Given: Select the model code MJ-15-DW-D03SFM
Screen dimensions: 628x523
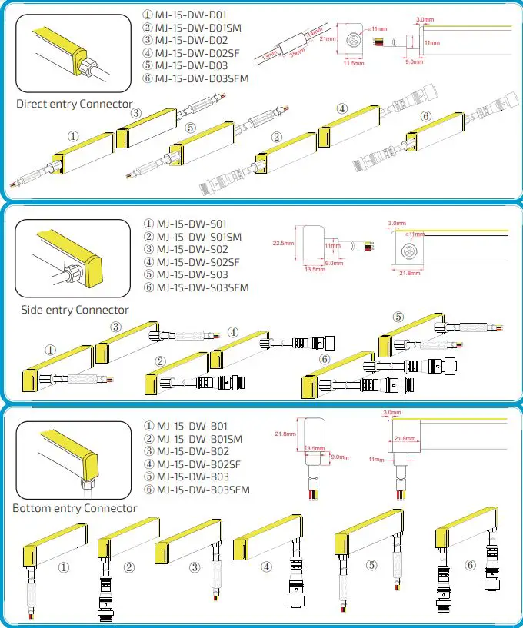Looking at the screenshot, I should (x=202, y=78).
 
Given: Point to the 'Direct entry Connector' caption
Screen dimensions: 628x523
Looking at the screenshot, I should (x=75, y=104).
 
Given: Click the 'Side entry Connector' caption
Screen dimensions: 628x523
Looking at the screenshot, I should (x=75, y=310).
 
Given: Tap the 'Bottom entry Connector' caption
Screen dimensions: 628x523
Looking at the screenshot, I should (x=75, y=508).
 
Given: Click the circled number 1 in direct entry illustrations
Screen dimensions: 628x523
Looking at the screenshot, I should (x=73, y=136).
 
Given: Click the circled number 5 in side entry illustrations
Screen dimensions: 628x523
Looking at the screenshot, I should (x=398, y=317).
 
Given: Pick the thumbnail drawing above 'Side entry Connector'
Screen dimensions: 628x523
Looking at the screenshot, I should (x=72, y=258).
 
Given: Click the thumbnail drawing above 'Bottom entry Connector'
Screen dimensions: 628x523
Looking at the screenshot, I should (x=72, y=457).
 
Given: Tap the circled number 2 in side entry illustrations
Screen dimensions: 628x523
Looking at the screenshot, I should (x=160, y=361).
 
